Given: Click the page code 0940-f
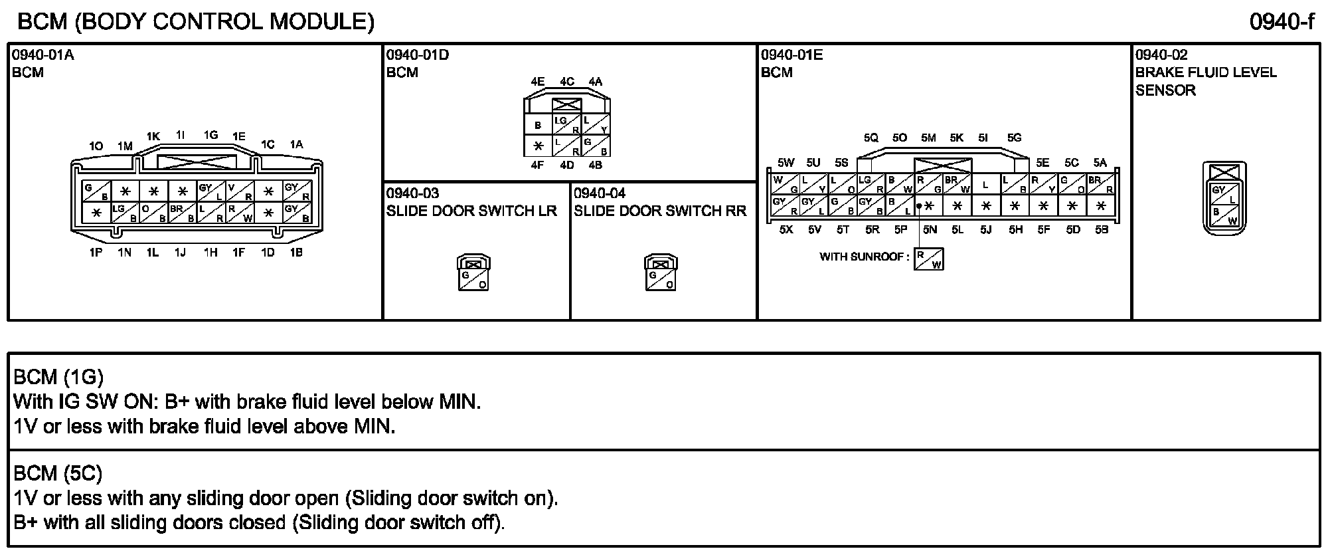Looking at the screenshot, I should pyautogui.click(x=1282, y=22).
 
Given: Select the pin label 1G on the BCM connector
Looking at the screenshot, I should pyautogui.click(x=210, y=136).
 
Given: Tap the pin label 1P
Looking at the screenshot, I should pyautogui.click(x=96, y=253).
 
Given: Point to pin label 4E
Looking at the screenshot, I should pyautogui.click(x=537, y=82).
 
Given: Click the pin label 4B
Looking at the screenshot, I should pyautogui.click(x=595, y=165).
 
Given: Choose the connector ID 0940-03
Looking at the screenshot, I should pyautogui.click(x=412, y=193).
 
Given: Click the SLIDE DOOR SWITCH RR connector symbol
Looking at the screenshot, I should pyautogui.click(x=661, y=273).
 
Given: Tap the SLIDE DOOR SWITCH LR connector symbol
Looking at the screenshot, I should pyautogui.click(x=473, y=273).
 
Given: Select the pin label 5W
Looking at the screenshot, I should pyautogui.click(x=786, y=163).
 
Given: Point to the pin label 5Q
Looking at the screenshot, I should pyautogui.click(x=871, y=138).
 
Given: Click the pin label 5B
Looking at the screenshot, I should pyautogui.click(x=1102, y=230).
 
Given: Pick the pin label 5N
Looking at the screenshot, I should pyautogui.click(x=929, y=230).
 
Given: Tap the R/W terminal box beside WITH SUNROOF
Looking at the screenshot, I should pyautogui.click(x=928, y=259).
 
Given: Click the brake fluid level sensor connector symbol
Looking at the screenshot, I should pyautogui.click(x=1224, y=199).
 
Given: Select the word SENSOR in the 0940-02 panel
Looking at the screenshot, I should pyautogui.click(x=1165, y=90).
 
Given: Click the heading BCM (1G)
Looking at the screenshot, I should pyautogui.click(x=58, y=377).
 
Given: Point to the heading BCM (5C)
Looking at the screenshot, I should pyautogui.click(x=58, y=473).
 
